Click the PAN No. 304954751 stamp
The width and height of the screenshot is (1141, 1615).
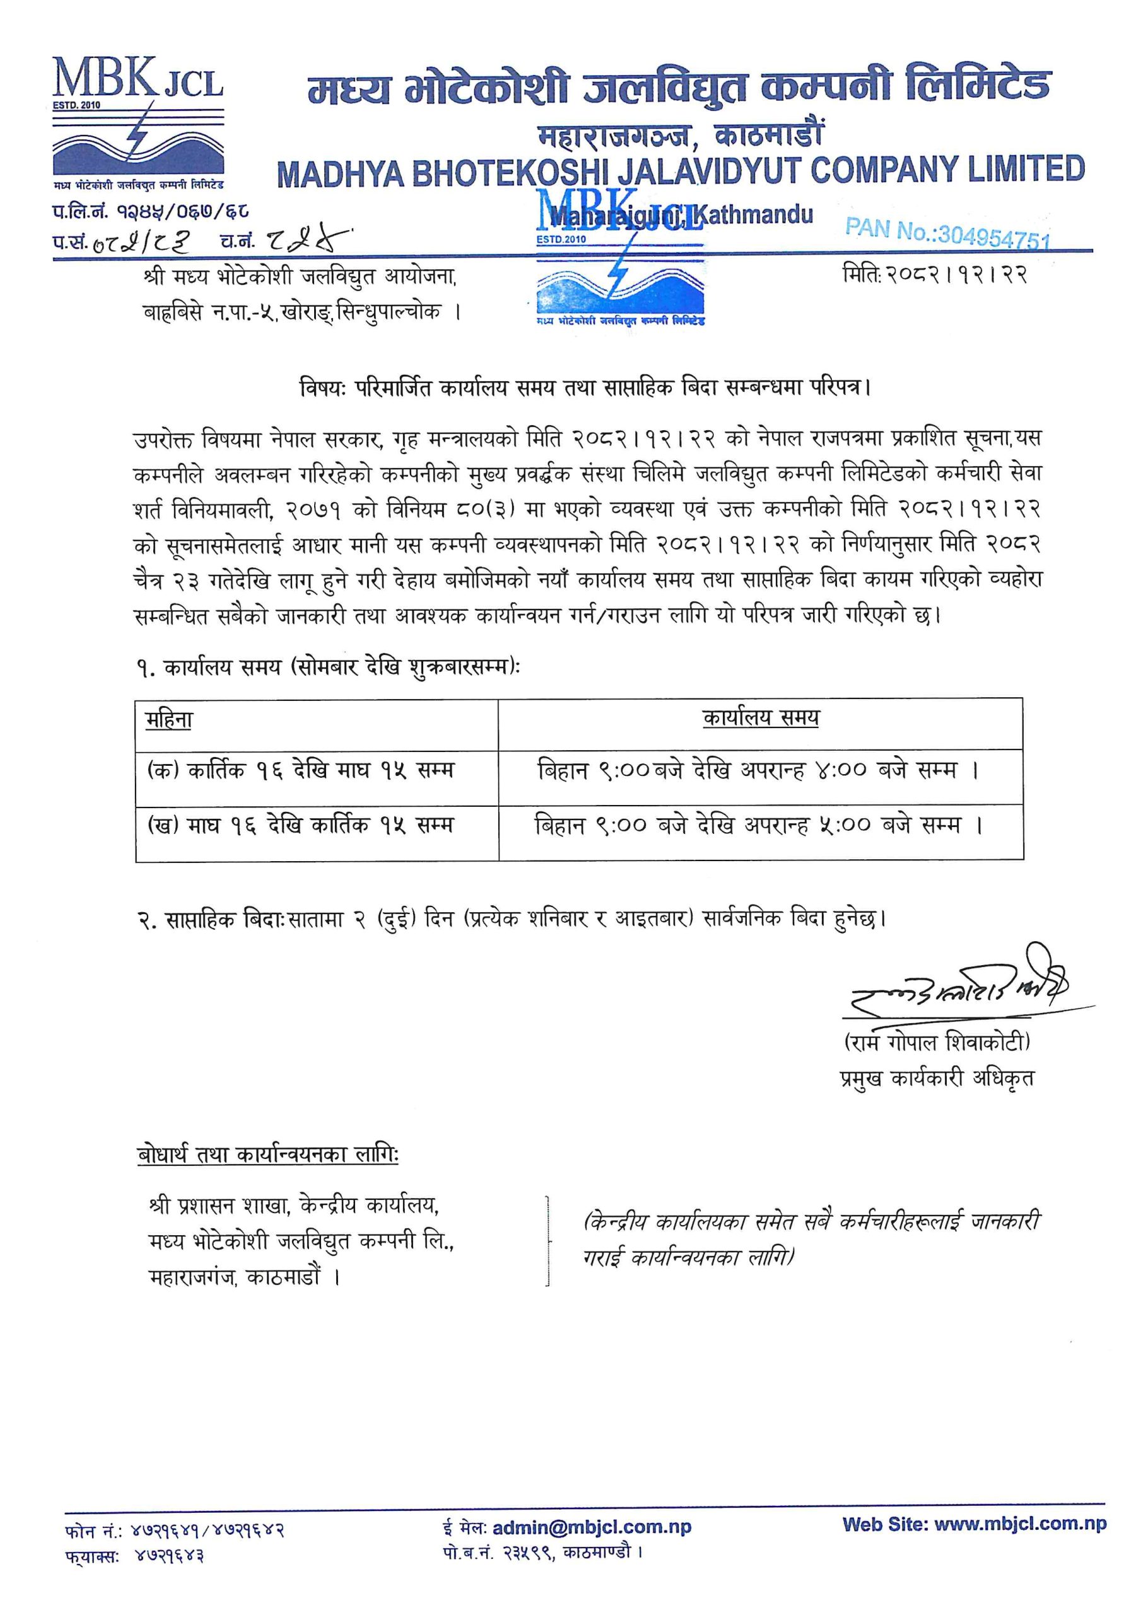click(x=947, y=233)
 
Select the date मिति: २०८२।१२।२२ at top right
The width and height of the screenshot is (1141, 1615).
click(x=935, y=274)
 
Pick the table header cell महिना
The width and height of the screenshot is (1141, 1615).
click(x=169, y=720)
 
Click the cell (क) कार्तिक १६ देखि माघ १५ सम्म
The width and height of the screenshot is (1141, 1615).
click(x=300, y=771)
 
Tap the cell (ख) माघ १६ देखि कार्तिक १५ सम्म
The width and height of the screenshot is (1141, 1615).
click(x=300, y=825)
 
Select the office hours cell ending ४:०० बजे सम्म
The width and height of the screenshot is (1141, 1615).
click(x=758, y=771)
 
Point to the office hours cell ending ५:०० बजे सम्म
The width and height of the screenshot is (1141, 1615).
click(x=758, y=825)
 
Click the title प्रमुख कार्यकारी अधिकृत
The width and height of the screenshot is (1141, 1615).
click(x=936, y=1078)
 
